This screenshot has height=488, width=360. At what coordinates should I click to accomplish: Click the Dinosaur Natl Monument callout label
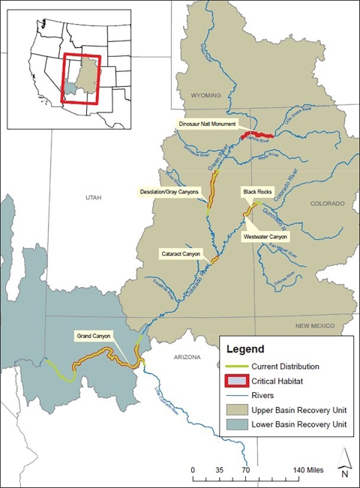207,124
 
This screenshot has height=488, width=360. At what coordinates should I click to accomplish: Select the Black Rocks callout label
255,192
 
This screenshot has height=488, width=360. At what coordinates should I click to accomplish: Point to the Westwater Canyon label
266,237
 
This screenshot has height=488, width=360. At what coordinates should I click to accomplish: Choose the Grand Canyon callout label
93,336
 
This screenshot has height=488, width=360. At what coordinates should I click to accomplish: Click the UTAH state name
93,197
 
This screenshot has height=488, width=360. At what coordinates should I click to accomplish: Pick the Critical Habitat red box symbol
238,381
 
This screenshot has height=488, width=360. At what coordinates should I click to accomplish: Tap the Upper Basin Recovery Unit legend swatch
238,410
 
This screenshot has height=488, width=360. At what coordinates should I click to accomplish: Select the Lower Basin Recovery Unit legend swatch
238,425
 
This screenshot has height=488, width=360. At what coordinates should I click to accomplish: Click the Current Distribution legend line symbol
238,367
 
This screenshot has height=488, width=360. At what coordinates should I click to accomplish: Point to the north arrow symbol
343,463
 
